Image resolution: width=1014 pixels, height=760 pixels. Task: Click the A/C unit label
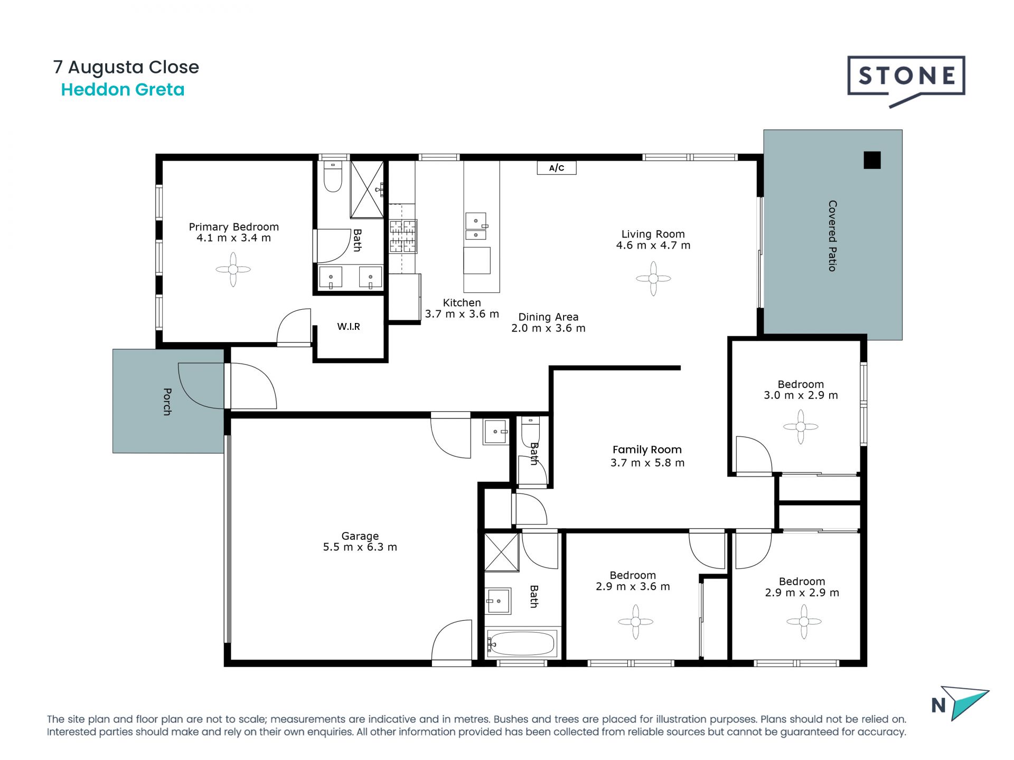point(557,168)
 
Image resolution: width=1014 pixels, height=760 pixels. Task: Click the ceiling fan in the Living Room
point(653,278)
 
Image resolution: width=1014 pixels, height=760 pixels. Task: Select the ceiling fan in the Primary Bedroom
point(233,269)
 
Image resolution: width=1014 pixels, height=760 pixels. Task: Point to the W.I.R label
point(349,327)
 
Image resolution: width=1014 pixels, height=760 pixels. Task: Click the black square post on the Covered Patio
point(872,160)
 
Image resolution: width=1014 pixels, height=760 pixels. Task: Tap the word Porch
point(167,402)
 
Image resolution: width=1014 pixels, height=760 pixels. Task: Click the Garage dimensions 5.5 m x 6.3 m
point(360,547)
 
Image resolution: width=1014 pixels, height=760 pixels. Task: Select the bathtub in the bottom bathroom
point(521,643)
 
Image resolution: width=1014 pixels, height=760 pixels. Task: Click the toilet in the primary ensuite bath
point(333,177)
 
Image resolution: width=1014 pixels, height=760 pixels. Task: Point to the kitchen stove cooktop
point(403,236)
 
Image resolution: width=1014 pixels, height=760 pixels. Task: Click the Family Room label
point(647,450)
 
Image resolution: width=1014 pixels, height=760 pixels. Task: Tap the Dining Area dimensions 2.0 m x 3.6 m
point(548,328)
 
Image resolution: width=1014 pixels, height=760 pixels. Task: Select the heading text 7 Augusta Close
point(126,67)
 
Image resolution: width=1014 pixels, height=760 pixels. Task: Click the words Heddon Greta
point(123,90)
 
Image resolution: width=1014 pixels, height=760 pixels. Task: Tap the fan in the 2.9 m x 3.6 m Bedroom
point(635,622)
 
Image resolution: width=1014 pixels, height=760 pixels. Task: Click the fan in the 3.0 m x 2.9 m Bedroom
point(801,426)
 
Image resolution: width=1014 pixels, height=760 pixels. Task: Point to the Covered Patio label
point(832,236)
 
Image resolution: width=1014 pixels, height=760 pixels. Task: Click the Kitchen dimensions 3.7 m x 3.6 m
point(462,314)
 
